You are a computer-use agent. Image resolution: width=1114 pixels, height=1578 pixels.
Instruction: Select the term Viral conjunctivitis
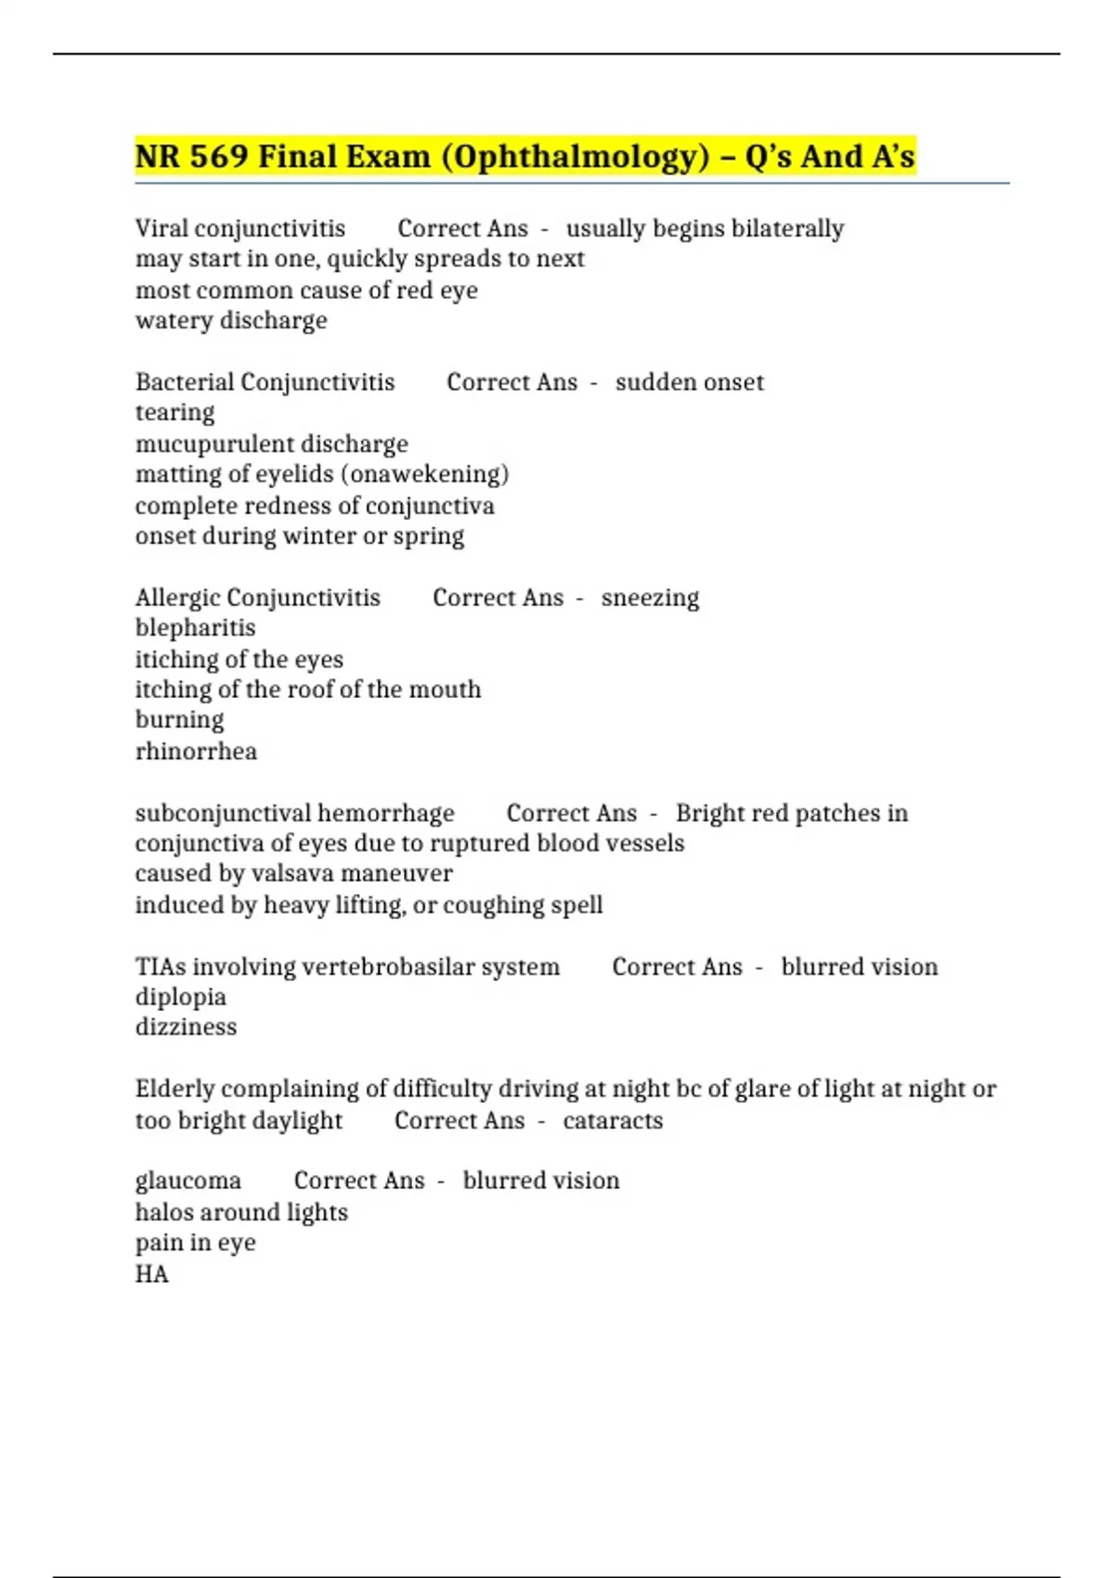[240, 228]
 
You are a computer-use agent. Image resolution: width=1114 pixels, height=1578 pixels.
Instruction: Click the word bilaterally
[787, 228]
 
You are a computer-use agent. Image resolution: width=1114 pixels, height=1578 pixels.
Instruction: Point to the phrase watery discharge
[231, 320]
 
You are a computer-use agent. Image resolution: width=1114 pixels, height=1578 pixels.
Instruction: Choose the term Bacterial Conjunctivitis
[265, 382]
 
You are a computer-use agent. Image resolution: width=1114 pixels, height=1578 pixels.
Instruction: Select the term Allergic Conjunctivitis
[257, 597]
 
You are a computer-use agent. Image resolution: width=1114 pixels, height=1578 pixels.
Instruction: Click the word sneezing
[650, 598]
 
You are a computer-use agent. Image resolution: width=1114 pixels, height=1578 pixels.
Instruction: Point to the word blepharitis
[195, 627]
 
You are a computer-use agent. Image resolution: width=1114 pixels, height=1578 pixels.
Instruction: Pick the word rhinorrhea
[196, 751]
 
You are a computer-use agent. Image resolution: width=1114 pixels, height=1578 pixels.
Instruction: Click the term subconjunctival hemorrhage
[294, 813]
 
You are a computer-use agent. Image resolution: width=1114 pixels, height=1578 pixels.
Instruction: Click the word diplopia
[180, 997]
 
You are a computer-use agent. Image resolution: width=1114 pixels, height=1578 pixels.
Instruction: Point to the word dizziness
[186, 1027]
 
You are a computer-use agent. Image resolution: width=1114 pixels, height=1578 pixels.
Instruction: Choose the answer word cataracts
[613, 1120]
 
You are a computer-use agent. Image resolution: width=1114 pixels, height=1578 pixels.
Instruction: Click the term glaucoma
[188, 1181]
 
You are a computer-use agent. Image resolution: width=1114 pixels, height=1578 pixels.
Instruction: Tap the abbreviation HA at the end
[151, 1274]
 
